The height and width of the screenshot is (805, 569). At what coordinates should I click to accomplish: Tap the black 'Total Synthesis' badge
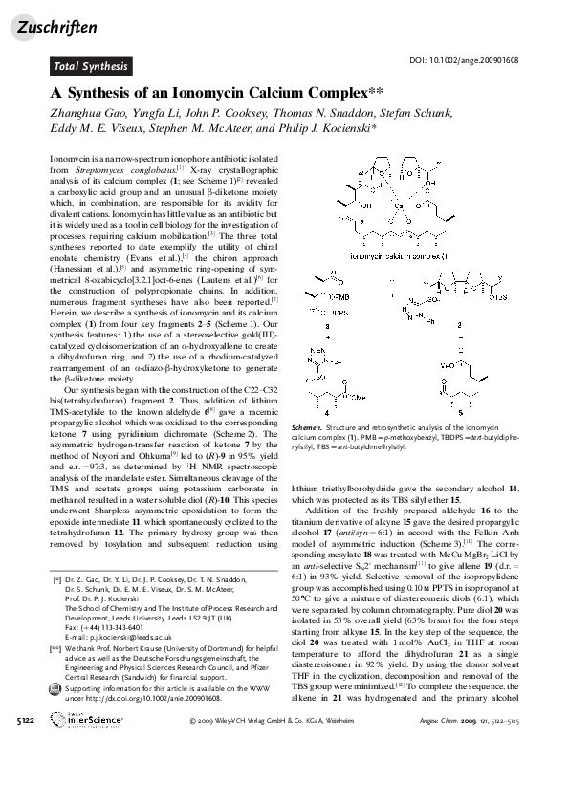[89, 67]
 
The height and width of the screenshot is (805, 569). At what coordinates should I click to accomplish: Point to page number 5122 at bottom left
[27, 773]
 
